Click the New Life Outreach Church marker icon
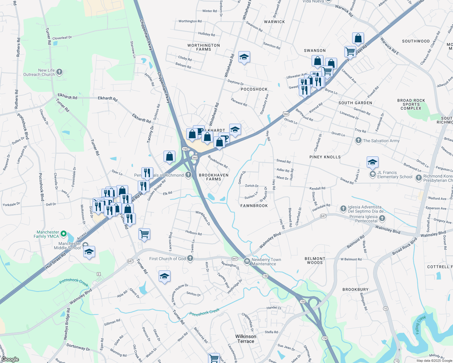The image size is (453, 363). [59, 72]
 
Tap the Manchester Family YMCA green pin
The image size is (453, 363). [64, 234]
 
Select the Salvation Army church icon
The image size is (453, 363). [359, 140]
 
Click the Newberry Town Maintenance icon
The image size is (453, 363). [247, 261]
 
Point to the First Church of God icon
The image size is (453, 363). [190, 258]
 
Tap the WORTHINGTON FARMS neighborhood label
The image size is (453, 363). [203, 47]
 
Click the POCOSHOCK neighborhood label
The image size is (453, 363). [254, 89]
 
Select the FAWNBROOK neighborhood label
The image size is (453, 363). [254, 206]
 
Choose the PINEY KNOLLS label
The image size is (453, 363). [325, 157]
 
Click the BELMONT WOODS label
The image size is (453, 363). [315, 261]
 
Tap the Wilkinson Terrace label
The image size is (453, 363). [246, 339]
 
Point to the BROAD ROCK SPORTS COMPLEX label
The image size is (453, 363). [411, 104]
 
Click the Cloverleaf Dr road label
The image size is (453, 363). [62, 38]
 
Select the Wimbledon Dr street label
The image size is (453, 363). [203, 218]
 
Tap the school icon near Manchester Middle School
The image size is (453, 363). [89, 252]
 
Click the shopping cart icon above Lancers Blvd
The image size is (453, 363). [144, 234]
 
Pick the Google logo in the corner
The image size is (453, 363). [10, 359]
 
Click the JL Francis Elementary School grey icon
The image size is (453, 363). [372, 175]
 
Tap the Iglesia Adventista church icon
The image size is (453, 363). [343, 209]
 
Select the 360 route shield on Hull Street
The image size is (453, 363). [286, 114]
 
